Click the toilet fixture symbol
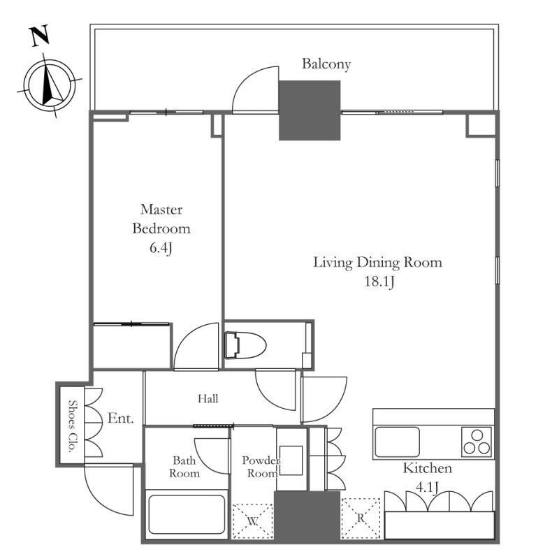pos(245,344)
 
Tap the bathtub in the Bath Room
pos(187,514)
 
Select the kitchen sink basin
pos(396,442)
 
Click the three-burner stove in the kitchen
pos(477,442)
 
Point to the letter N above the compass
pos(39,36)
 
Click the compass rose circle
pos(50,85)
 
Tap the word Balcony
pos(326,64)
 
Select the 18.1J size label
pos(379,282)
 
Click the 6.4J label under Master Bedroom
pos(161,248)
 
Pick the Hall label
pos(208,398)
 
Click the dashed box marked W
pos(253,521)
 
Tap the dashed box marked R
pos(361,518)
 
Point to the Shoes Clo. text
pos(73,426)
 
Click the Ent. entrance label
pos(120,418)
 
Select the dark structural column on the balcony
pos(310,110)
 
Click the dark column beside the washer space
pos(307,516)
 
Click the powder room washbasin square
pos(291,460)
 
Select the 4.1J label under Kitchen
pos(427,487)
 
